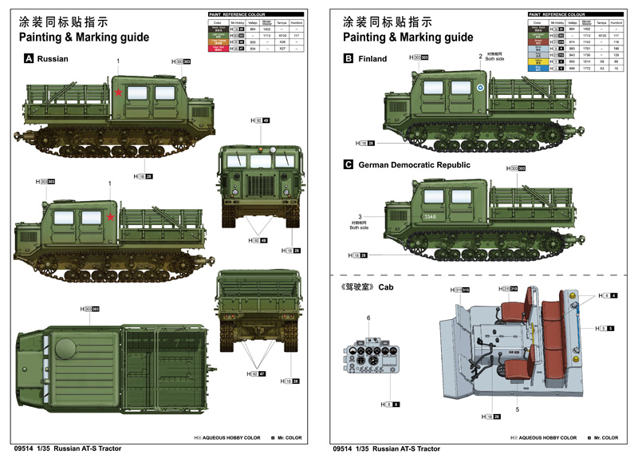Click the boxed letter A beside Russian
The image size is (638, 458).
point(30,58)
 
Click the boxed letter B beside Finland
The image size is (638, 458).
point(349,58)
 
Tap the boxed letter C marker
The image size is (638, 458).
point(349,165)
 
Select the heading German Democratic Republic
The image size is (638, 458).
point(415,165)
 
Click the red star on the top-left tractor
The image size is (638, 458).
point(118,93)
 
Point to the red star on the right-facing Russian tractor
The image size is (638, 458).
point(112,216)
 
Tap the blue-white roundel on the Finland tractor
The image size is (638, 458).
point(479,90)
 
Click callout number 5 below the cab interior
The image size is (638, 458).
point(518,409)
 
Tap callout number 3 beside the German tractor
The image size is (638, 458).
point(360,217)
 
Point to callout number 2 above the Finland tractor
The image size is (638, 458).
point(480,56)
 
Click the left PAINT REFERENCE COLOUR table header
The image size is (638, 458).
point(235,14)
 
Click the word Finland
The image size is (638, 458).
point(372,59)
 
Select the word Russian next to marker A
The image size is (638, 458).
point(53,59)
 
